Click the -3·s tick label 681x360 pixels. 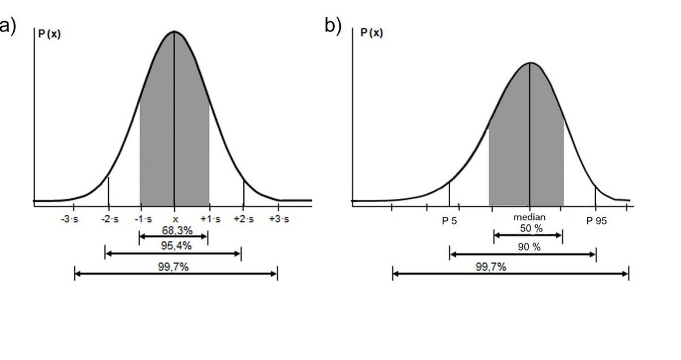click(70, 220)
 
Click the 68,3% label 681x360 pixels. click(174, 231)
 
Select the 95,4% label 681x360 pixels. click(174, 246)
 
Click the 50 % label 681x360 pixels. click(531, 228)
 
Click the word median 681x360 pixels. click(529, 217)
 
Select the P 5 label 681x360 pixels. click(449, 221)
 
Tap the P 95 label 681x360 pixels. click(596, 221)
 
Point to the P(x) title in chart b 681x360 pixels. click(372, 33)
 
